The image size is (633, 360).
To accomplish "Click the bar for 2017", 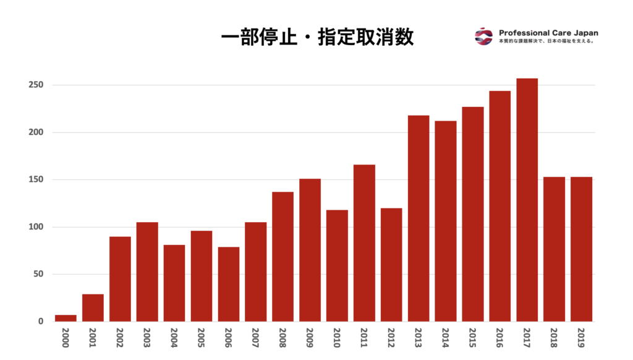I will point(527,200).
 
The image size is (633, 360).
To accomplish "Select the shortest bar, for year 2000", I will point(66,318).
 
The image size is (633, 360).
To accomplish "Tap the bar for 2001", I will point(93,307).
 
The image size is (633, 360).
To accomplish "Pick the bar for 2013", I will point(418,218).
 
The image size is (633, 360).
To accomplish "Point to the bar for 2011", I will point(364,242).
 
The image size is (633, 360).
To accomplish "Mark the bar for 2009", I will point(310,250).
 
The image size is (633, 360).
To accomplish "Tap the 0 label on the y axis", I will point(41,322).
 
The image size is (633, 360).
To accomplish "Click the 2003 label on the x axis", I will point(148,338).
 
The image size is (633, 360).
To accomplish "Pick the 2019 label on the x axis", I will point(582,338).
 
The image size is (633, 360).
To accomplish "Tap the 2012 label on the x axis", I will point(392,338).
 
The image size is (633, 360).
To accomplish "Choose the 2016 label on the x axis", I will point(500,338).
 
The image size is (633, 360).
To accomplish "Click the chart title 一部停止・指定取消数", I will point(317,38).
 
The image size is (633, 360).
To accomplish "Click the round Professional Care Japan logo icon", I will point(483,36).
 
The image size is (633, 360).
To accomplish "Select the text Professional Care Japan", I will point(548,33).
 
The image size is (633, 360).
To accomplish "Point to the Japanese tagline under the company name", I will point(546,41).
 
